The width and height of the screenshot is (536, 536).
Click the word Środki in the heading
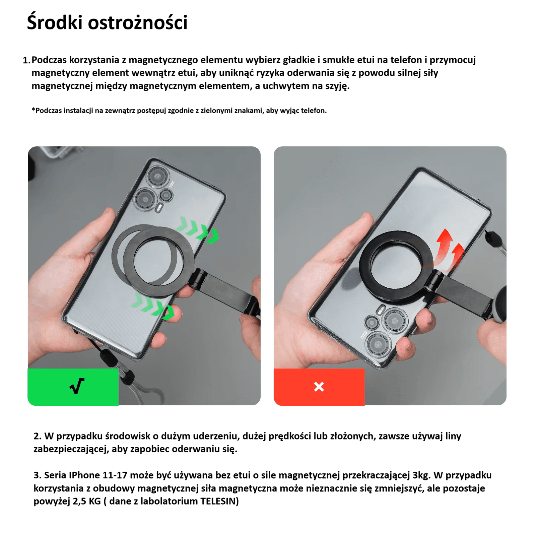coord(54,23)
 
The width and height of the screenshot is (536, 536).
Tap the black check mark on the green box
coord(77,386)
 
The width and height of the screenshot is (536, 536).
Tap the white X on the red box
coord(319,387)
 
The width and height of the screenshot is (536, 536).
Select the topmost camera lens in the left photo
coord(156,176)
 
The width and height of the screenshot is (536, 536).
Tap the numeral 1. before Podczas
coord(26,60)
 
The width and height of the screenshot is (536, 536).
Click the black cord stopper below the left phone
coord(109,357)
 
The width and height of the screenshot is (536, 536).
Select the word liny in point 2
coord(453,436)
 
